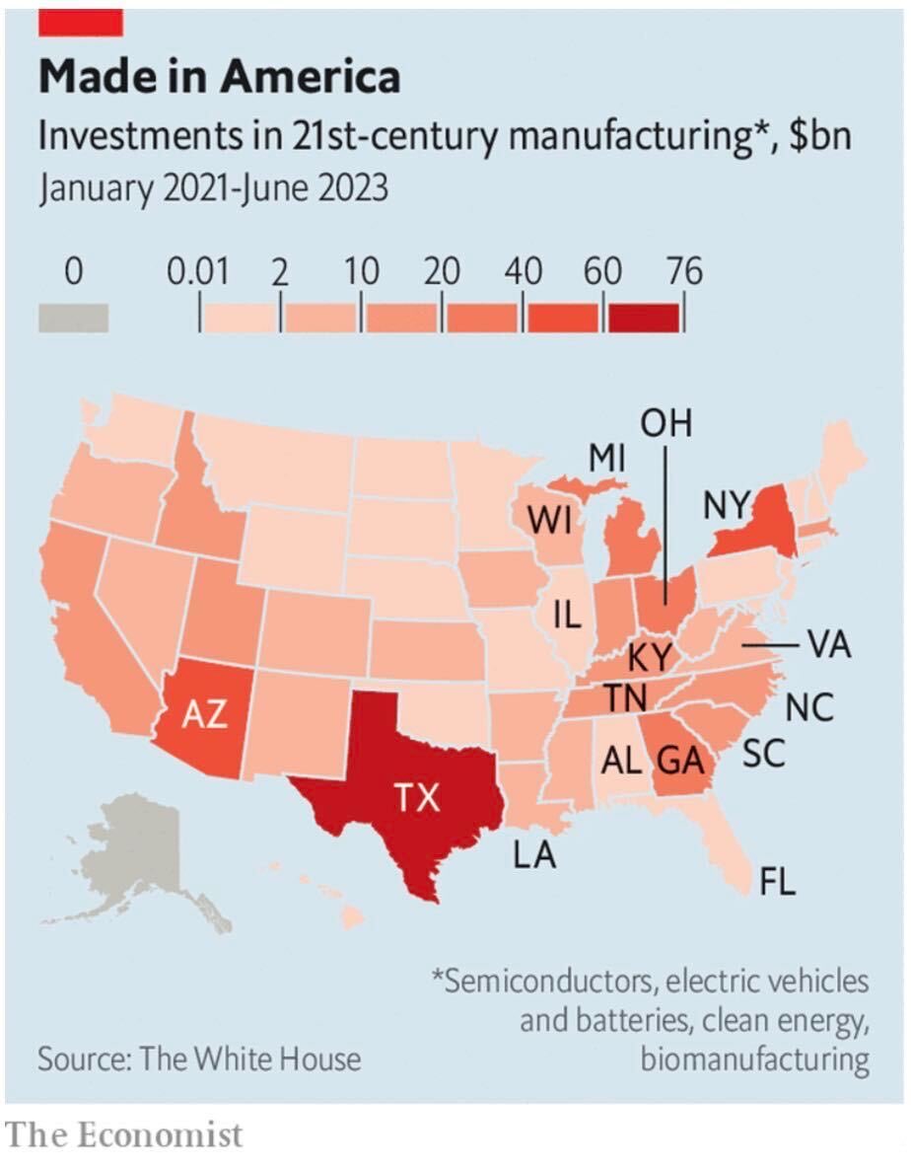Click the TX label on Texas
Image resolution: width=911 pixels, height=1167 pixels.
[417, 797]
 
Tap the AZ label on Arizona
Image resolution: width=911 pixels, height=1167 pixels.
[204, 714]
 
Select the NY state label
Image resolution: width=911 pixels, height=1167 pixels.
[726, 505]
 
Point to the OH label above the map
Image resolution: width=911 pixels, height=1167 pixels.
[666, 423]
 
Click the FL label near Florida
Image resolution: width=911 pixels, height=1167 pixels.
[778, 882]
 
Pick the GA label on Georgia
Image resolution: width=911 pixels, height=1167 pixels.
[680, 761]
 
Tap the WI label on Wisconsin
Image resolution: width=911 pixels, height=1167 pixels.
[550, 520]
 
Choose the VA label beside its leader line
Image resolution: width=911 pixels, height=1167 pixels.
[829, 644]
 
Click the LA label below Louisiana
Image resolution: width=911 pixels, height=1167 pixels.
[534, 854]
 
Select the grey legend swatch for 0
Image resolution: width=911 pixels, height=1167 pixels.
[74, 318]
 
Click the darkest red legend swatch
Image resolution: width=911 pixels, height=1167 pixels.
[644, 318]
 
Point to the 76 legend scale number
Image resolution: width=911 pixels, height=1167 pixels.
[684, 271]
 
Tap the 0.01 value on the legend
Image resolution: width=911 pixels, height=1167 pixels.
[198, 271]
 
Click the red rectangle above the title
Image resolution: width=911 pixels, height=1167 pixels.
[80, 23]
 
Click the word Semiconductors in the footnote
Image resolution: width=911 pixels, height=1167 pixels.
[545, 981]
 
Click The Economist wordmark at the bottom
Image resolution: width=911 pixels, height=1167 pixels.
[124, 1135]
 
